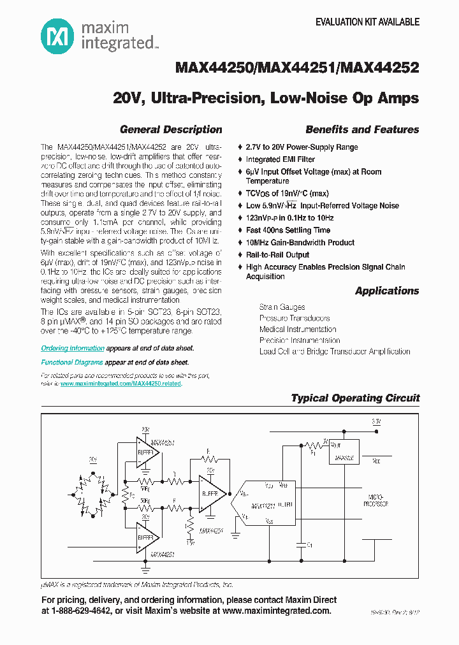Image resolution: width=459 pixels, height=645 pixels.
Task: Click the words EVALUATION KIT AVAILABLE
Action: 368,22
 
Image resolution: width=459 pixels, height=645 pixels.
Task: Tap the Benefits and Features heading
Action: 362,129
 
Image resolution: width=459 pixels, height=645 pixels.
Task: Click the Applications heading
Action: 387,291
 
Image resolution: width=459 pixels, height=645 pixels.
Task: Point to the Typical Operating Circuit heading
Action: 355,398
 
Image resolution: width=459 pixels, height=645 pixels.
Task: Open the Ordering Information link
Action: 73,349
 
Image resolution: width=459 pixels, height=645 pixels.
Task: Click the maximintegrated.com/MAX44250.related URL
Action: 121,384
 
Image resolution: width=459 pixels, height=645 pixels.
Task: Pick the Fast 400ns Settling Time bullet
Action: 288,230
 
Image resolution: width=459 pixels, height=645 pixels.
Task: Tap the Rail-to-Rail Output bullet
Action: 278,255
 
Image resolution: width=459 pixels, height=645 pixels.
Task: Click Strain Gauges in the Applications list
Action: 282,307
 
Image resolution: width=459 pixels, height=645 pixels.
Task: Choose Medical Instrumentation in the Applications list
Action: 298,330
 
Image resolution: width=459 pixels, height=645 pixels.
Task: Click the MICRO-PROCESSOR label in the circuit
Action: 377,500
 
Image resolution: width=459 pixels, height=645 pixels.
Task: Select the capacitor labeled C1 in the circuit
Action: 300,545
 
